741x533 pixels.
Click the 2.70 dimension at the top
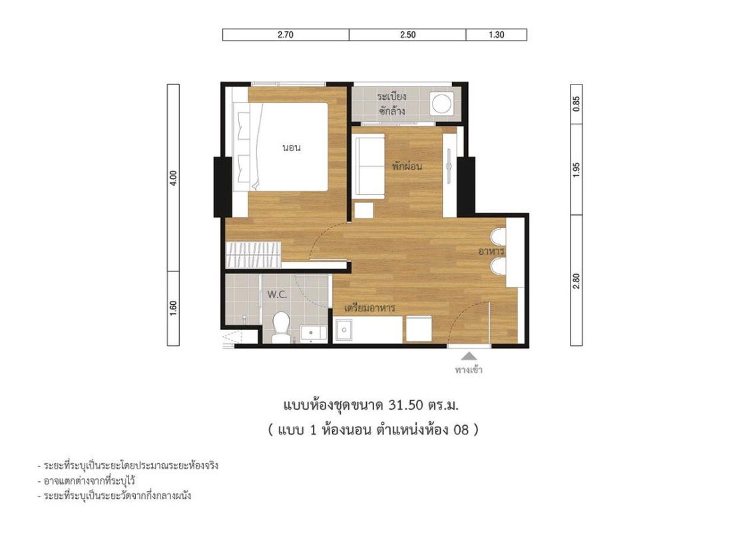click(x=286, y=35)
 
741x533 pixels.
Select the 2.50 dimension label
click(x=407, y=35)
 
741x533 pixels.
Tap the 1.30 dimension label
click(x=496, y=35)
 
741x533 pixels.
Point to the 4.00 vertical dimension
click(x=173, y=178)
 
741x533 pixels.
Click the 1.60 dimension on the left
click(x=173, y=309)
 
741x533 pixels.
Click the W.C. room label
click(x=277, y=295)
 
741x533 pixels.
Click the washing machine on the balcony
click(x=441, y=103)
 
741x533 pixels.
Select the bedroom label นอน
click(x=292, y=148)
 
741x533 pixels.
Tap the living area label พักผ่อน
click(x=408, y=166)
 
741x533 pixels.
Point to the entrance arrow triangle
click(x=469, y=356)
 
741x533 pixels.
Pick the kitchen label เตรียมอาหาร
click(x=370, y=308)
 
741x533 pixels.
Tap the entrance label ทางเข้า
click(x=469, y=370)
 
